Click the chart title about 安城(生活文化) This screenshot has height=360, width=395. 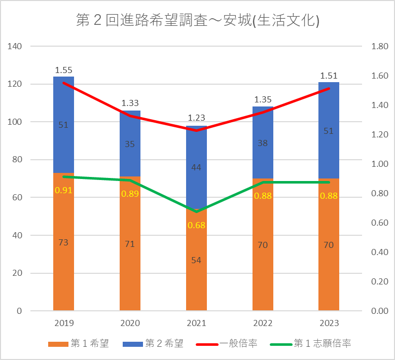(197, 21)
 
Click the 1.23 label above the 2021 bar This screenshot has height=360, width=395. (196, 118)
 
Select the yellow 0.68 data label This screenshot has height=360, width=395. (196, 225)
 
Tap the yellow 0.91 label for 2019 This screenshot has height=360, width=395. (63, 190)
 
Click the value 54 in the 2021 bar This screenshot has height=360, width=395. (196, 260)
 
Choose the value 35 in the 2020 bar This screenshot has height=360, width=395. (130, 143)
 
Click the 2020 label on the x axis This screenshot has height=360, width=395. (130, 323)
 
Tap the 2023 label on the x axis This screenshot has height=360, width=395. (329, 323)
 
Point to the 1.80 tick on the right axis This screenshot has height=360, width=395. (380, 47)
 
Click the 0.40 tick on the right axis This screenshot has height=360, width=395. (380, 252)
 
